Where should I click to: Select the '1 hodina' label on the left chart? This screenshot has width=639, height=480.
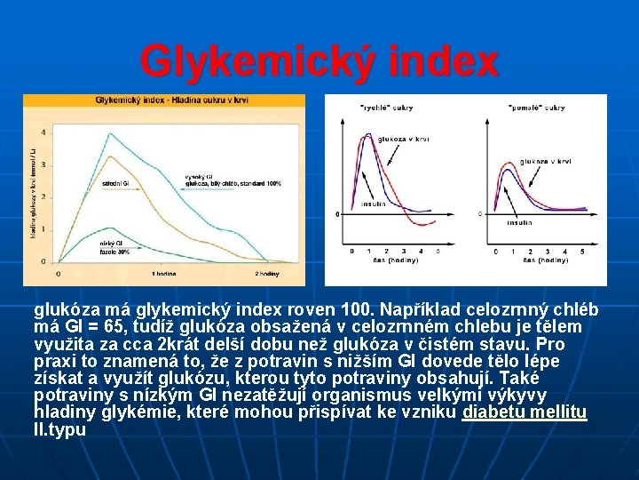(x=165, y=274)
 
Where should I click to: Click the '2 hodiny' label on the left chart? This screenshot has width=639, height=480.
(x=268, y=274)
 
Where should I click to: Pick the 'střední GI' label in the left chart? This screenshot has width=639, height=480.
(x=115, y=183)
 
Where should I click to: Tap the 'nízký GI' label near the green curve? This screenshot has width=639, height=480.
(x=112, y=243)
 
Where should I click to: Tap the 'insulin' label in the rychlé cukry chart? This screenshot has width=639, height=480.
(x=373, y=204)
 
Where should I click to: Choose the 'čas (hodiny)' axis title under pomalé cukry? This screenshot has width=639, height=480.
(x=542, y=261)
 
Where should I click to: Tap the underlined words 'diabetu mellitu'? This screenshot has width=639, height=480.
(x=525, y=413)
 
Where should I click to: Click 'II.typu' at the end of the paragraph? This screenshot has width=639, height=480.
(x=59, y=430)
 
